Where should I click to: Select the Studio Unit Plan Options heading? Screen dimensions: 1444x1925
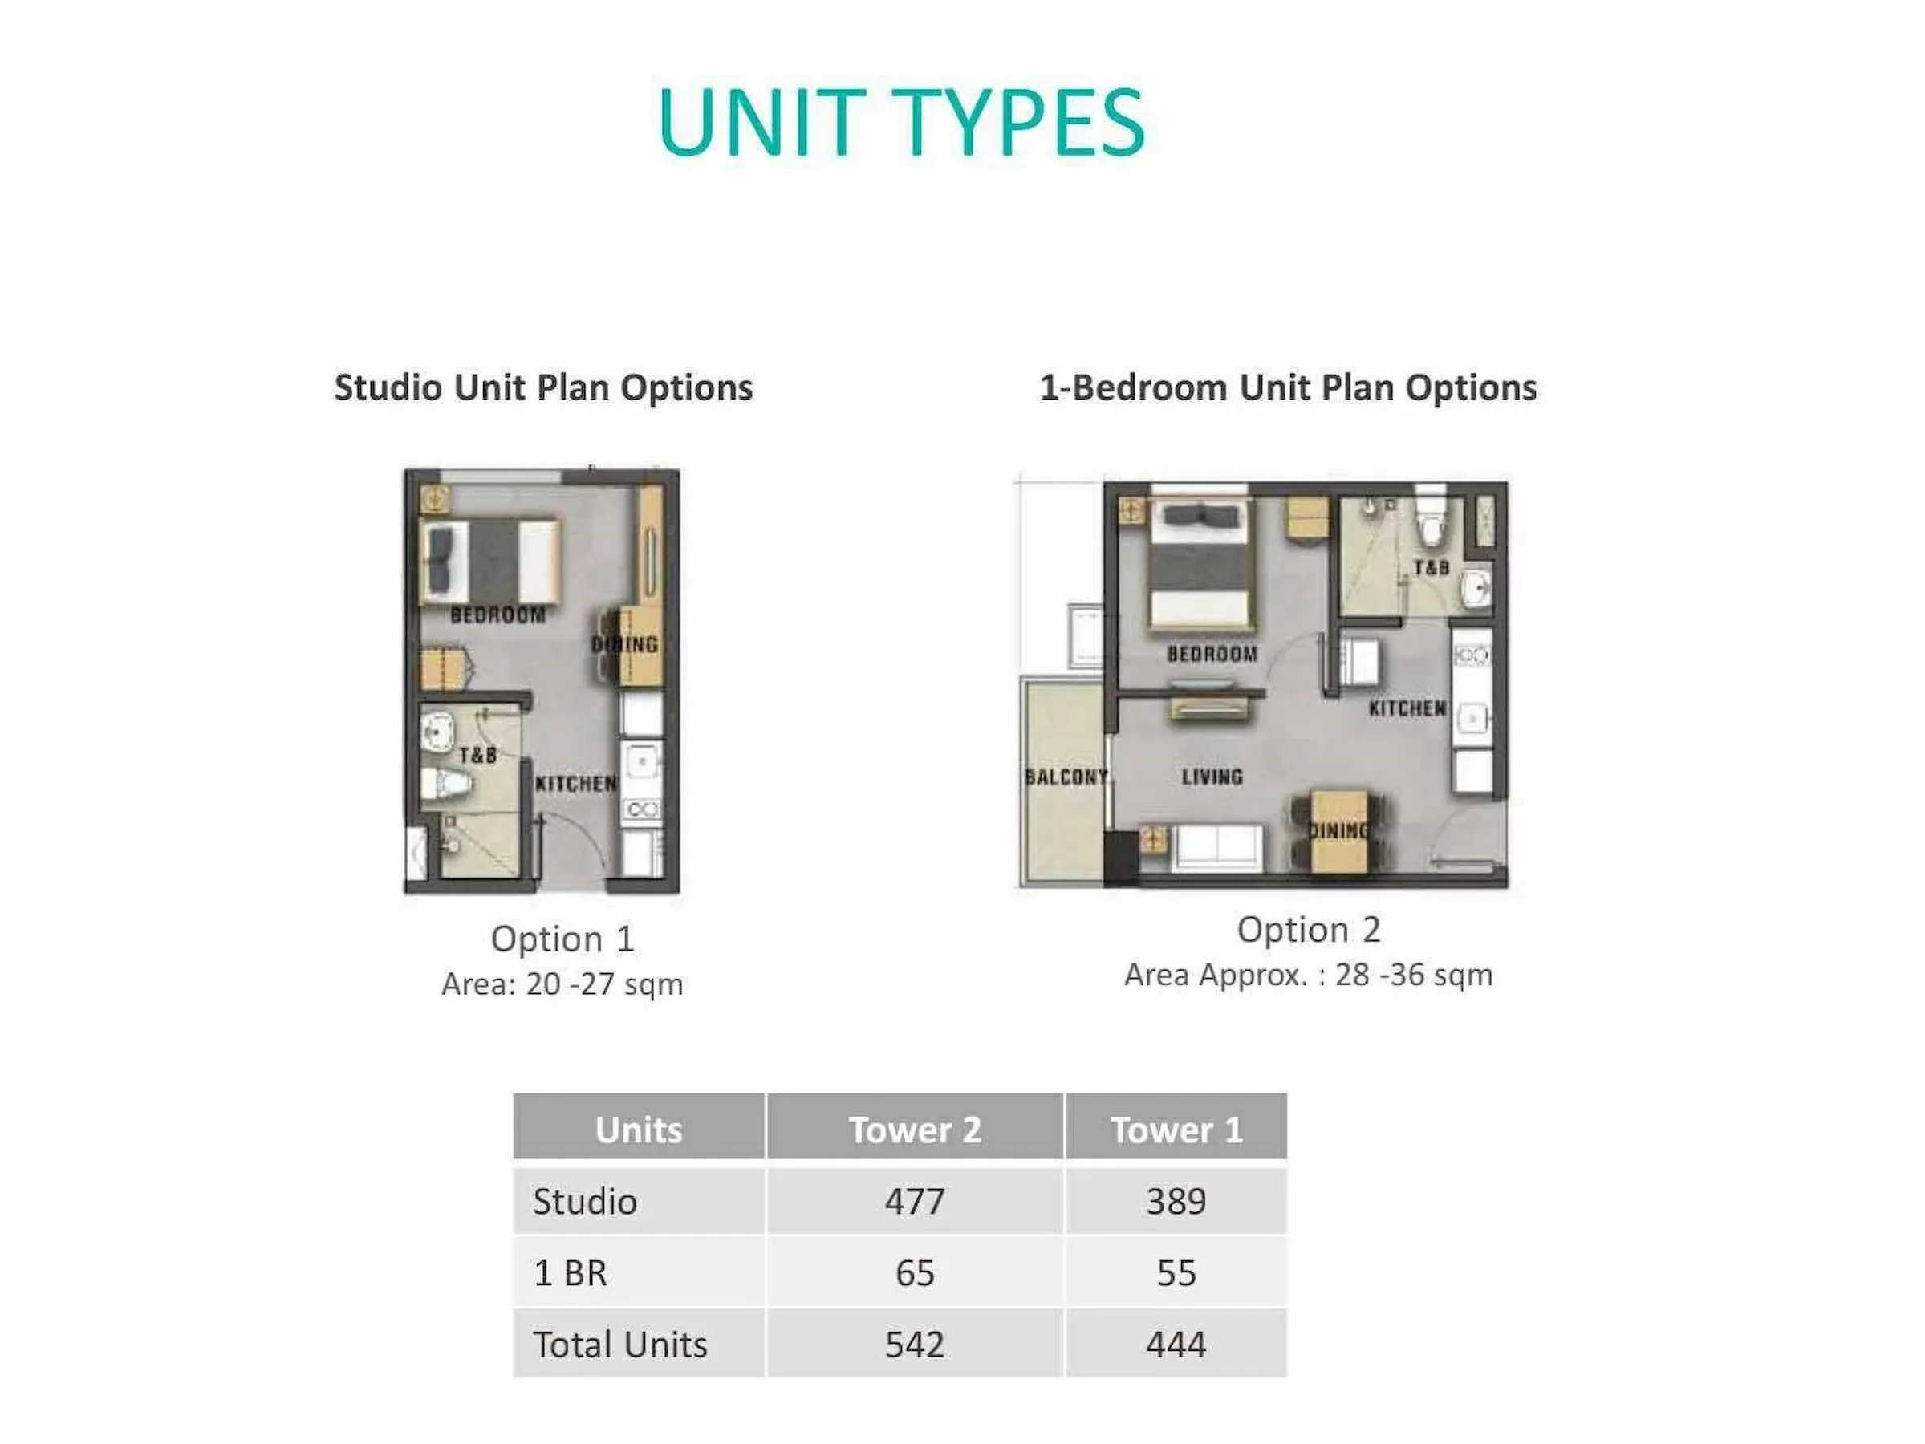543,387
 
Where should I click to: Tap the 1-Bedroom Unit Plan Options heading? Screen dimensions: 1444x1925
1288,387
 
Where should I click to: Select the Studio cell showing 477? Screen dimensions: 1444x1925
915,1201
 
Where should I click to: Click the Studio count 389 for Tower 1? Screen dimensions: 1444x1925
1176,1201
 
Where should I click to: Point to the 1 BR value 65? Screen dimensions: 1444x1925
915,1272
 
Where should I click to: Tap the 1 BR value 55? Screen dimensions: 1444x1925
1176,1272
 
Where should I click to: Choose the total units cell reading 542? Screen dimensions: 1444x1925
915,1344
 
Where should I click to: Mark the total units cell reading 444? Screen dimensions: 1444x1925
1176,1344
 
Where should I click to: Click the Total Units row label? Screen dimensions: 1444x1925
620,1344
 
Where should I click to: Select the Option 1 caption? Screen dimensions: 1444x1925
562,939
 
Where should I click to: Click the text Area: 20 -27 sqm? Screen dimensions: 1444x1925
562,984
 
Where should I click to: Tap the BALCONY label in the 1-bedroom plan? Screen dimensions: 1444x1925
1065,777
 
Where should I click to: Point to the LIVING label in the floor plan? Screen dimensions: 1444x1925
1212,777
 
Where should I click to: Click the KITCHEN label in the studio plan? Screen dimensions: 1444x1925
575,784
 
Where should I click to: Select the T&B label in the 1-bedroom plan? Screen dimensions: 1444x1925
1432,568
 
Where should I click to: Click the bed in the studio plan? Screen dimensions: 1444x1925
491,561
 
